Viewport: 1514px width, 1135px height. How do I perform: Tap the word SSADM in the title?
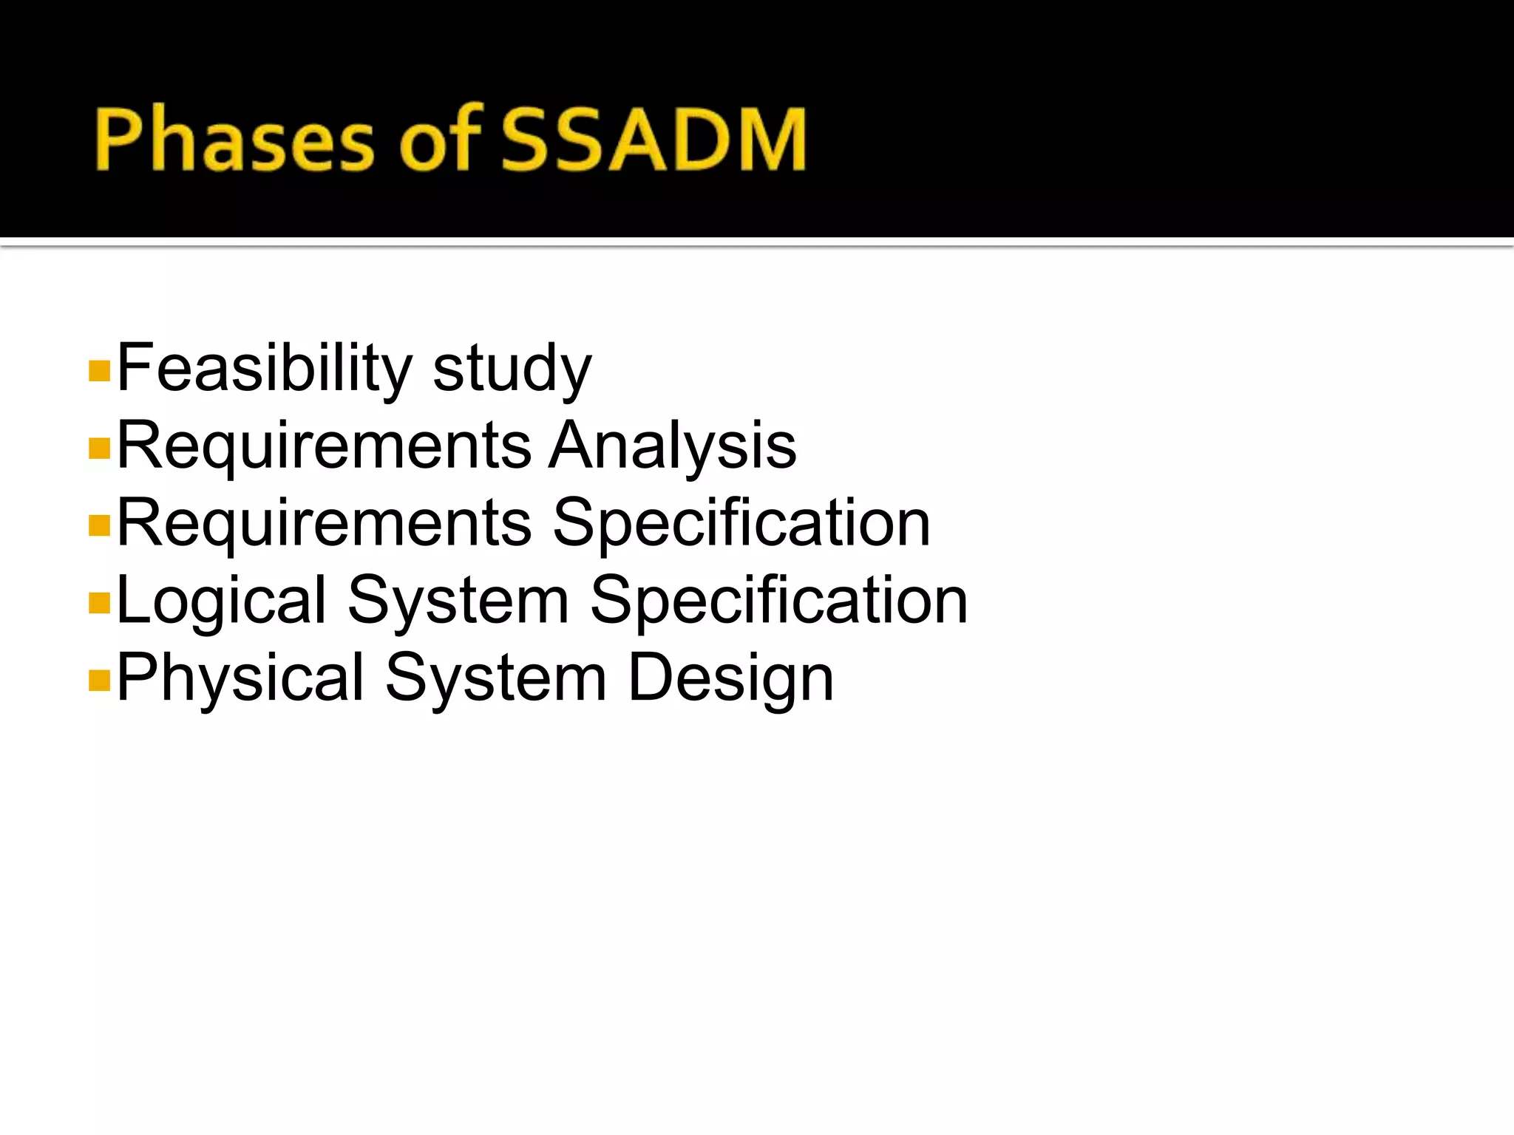click(x=654, y=140)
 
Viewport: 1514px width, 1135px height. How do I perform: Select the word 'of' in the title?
click(x=441, y=140)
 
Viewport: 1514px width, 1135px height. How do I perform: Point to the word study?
click(x=512, y=368)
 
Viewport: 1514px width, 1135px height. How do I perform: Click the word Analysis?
click(x=672, y=446)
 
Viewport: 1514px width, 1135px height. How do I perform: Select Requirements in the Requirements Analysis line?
click(x=324, y=446)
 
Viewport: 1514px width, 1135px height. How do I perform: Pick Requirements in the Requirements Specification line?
click(x=324, y=523)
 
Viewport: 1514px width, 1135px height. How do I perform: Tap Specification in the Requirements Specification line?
click(x=741, y=523)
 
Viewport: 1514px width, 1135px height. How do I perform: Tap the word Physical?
click(x=240, y=678)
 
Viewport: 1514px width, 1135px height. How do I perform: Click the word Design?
click(x=730, y=678)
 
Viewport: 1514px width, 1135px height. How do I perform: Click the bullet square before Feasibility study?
click(x=98, y=370)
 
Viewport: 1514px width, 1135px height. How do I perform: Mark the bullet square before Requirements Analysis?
click(x=98, y=448)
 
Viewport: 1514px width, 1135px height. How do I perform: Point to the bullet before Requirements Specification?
click(x=98, y=525)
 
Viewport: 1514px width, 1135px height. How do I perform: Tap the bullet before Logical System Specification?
click(x=98, y=603)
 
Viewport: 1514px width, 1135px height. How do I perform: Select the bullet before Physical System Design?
click(x=98, y=680)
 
